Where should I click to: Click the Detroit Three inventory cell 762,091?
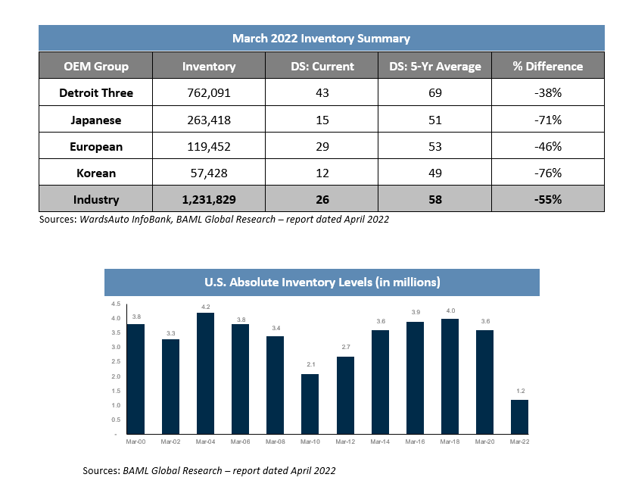click(x=209, y=92)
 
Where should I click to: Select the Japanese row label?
click(x=96, y=120)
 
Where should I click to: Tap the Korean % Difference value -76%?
click(x=547, y=173)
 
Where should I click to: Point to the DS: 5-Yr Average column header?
click(x=434, y=66)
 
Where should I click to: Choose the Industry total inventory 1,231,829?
click(x=209, y=199)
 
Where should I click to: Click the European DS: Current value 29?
click(x=322, y=146)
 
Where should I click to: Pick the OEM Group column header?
click(x=96, y=66)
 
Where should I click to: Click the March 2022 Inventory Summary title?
click(x=322, y=39)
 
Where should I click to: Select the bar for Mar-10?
click(x=310, y=404)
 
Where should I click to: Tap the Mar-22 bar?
click(x=519, y=417)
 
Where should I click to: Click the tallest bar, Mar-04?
click(x=205, y=373)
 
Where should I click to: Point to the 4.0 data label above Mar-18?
click(x=450, y=310)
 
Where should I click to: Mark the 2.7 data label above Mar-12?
click(x=345, y=347)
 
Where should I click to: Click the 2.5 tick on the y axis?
click(x=116, y=361)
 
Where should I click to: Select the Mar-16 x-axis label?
click(x=415, y=442)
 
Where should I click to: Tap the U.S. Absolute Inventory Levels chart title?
click(x=322, y=282)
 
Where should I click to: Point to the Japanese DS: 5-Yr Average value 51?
click(x=434, y=120)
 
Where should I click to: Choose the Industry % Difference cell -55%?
click(x=547, y=199)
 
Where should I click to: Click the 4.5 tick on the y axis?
click(x=116, y=304)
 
